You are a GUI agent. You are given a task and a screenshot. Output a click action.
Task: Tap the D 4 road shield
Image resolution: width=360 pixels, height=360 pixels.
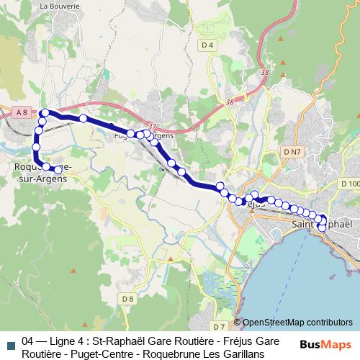[207, 45]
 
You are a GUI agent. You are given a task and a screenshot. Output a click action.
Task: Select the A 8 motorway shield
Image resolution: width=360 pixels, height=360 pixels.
[22, 111]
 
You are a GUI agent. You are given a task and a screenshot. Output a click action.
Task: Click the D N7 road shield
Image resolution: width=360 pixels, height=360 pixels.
[292, 152]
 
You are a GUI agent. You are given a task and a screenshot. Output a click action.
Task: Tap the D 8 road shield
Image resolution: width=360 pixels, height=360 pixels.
[127, 299]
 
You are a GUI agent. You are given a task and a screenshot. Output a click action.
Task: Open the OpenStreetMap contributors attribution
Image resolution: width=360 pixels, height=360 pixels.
[297, 322]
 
